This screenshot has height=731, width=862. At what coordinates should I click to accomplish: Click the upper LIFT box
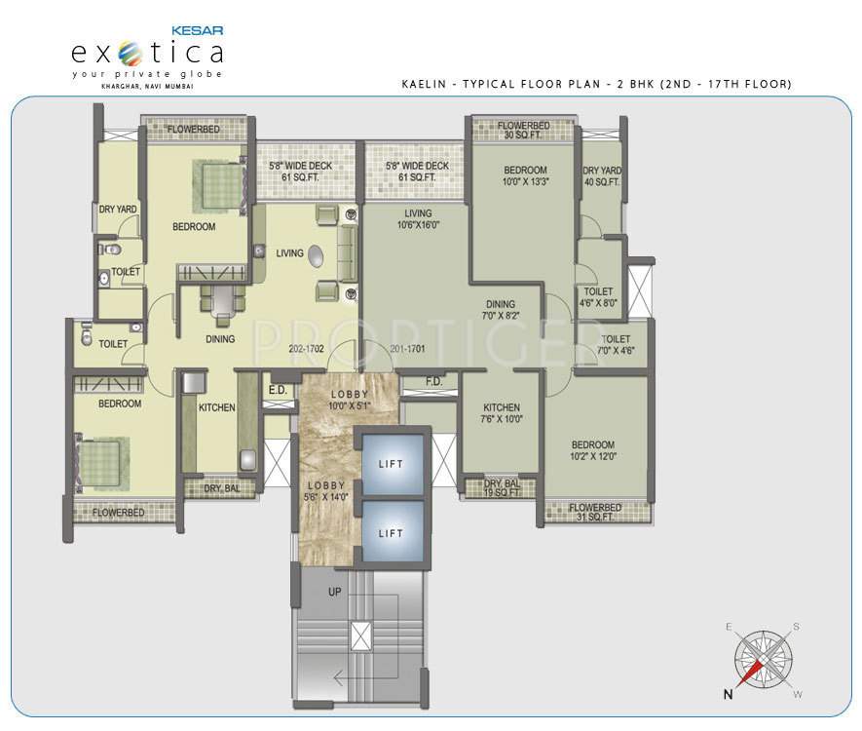click(x=391, y=465)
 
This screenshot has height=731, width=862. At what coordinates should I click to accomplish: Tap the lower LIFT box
click(x=391, y=533)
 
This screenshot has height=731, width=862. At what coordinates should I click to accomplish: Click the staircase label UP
click(x=334, y=592)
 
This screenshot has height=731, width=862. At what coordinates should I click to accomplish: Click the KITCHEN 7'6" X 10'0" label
click(x=501, y=413)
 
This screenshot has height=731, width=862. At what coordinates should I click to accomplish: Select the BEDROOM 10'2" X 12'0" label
click(x=593, y=449)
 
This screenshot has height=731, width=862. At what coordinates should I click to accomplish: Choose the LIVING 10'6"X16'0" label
click(x=419, y=218)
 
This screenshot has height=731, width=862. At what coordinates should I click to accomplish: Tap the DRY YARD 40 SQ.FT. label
click(x=602, y=176)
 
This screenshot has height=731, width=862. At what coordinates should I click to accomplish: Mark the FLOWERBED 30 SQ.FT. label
click(x=524, y=130)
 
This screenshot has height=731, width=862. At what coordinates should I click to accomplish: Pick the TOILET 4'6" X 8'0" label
click(x=599, y=296)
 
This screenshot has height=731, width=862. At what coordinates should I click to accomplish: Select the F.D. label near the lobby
click(x=434, y=382)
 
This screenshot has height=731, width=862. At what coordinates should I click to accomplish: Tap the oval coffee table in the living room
click(x=318, y=255)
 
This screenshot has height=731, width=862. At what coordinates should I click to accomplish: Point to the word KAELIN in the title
click(x=425, y=85)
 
